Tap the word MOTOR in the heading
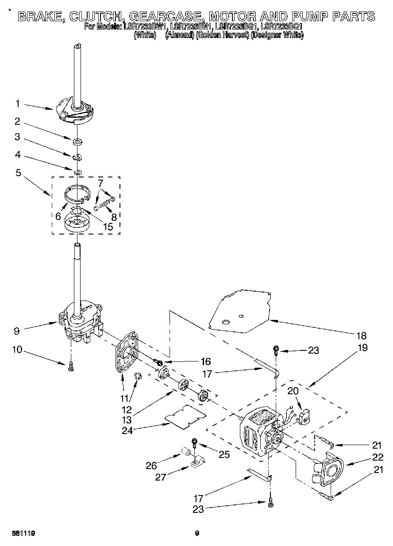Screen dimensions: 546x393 click(x=235, y=17)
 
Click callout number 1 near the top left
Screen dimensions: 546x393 click(x=17, y=104)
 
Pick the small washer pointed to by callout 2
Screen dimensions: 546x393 click(x=77, y=142)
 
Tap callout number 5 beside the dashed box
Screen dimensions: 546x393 click(x=18, y=173)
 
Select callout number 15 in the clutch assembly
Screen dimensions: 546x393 click(x=108, y=227)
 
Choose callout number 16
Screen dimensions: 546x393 click(x=193, y=361)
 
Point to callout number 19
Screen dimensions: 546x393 click(x=362, y=347)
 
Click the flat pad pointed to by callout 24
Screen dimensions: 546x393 click(x=186, y=416)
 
